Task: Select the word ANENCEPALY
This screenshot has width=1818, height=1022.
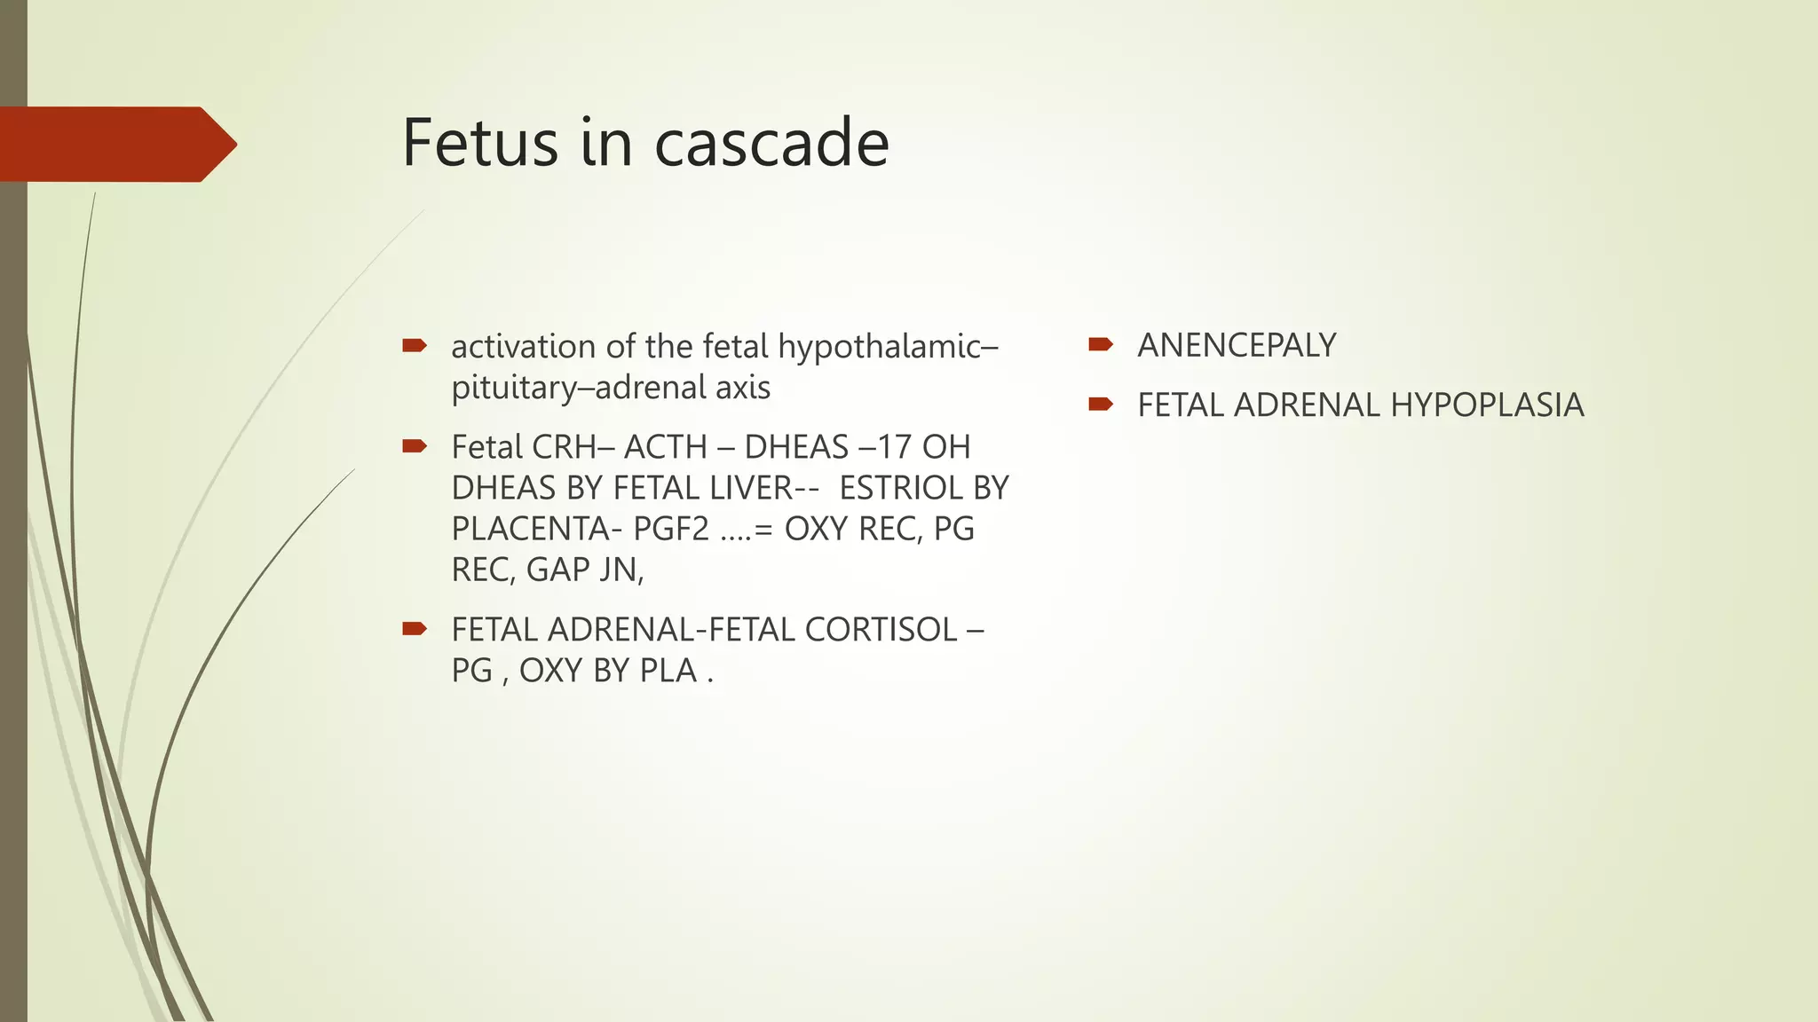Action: tap(1237, 345)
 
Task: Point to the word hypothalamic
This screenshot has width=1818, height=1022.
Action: tap(888, 347)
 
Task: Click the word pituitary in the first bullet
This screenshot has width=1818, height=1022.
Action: tap(515, 388)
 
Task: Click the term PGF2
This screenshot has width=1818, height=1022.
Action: tap(671, 529)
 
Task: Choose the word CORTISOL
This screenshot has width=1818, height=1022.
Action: tap(881, 630)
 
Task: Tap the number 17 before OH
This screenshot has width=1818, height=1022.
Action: tap(894, 447)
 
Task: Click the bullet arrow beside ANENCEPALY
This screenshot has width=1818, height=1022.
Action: tap(1101, 344)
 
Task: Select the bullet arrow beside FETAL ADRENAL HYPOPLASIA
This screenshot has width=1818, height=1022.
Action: tap(1101, 405)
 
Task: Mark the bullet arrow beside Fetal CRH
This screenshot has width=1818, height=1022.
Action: tap(415, 445)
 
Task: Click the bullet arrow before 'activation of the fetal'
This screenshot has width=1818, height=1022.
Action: tap(415, 345)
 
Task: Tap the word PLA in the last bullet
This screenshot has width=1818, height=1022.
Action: tap(668, 671)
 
